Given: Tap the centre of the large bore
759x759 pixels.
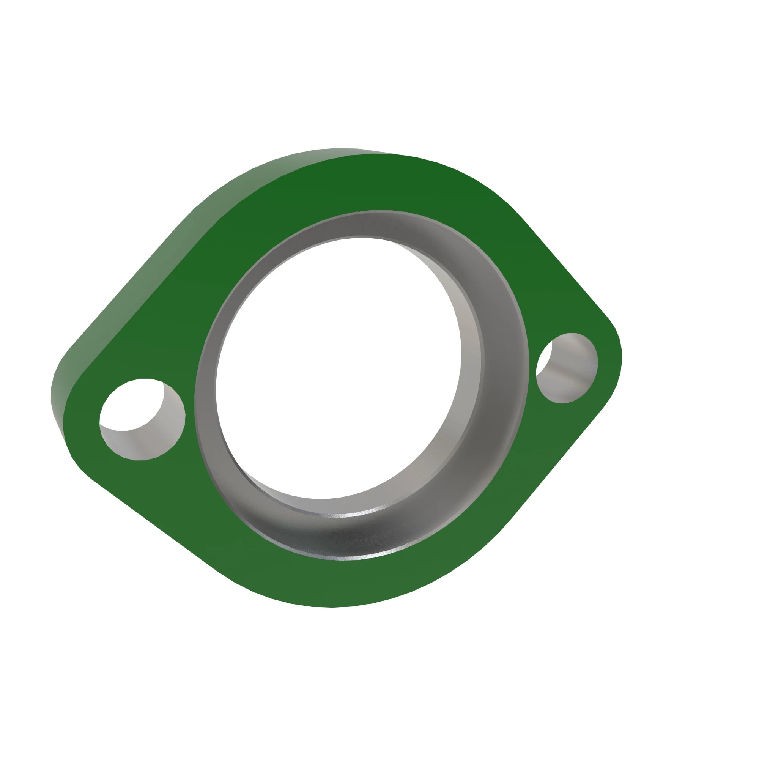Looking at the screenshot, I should click(338, 369).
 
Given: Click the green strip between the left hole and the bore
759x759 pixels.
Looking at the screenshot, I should click(190, 413).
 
